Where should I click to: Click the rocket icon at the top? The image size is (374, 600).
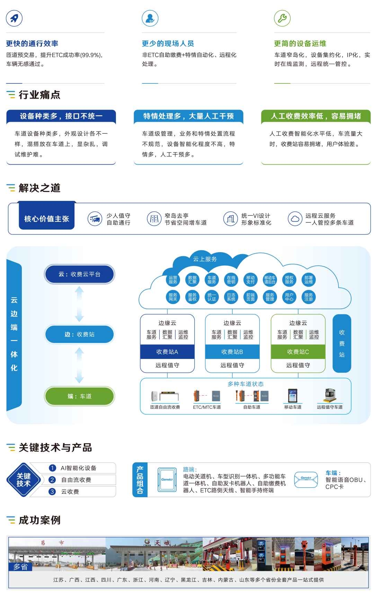(14, 18)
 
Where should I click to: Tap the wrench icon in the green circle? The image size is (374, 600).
(282, 18)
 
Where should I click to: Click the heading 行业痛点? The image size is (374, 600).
(39, 95)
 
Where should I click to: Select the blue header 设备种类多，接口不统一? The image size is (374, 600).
(61, 116)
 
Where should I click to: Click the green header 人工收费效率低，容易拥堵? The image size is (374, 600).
(316, 116)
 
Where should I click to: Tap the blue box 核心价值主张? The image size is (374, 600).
(47, 219)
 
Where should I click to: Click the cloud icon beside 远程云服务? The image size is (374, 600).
(295, 219)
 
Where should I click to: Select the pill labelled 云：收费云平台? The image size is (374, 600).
(79, 274)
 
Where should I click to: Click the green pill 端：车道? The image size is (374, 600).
(79, 396)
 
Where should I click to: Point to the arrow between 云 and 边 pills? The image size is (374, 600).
(79, 304)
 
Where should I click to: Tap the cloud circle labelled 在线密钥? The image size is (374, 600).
(231, 280)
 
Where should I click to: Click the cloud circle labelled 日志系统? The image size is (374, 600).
(231, 297)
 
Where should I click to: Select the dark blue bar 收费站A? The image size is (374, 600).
(167, 352)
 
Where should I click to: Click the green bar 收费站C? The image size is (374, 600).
(298, 352)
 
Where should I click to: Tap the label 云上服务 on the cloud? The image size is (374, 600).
(205, 259)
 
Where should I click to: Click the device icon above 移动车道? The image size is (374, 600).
(293, 395)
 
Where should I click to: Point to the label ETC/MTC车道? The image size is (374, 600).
(207, 407)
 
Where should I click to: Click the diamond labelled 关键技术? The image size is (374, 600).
(24, 480)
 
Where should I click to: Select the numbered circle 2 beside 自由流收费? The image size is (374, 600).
(52, 480)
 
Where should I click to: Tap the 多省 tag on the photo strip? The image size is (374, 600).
(20, 567)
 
